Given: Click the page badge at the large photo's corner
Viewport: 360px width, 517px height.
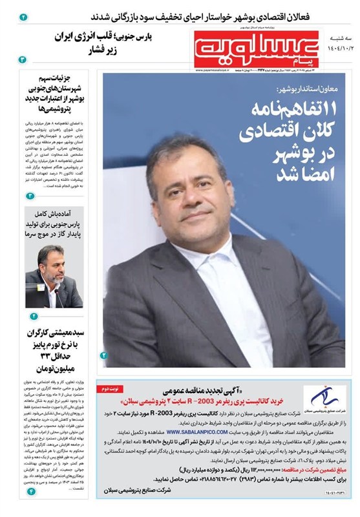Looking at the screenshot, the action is pos(105,355).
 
